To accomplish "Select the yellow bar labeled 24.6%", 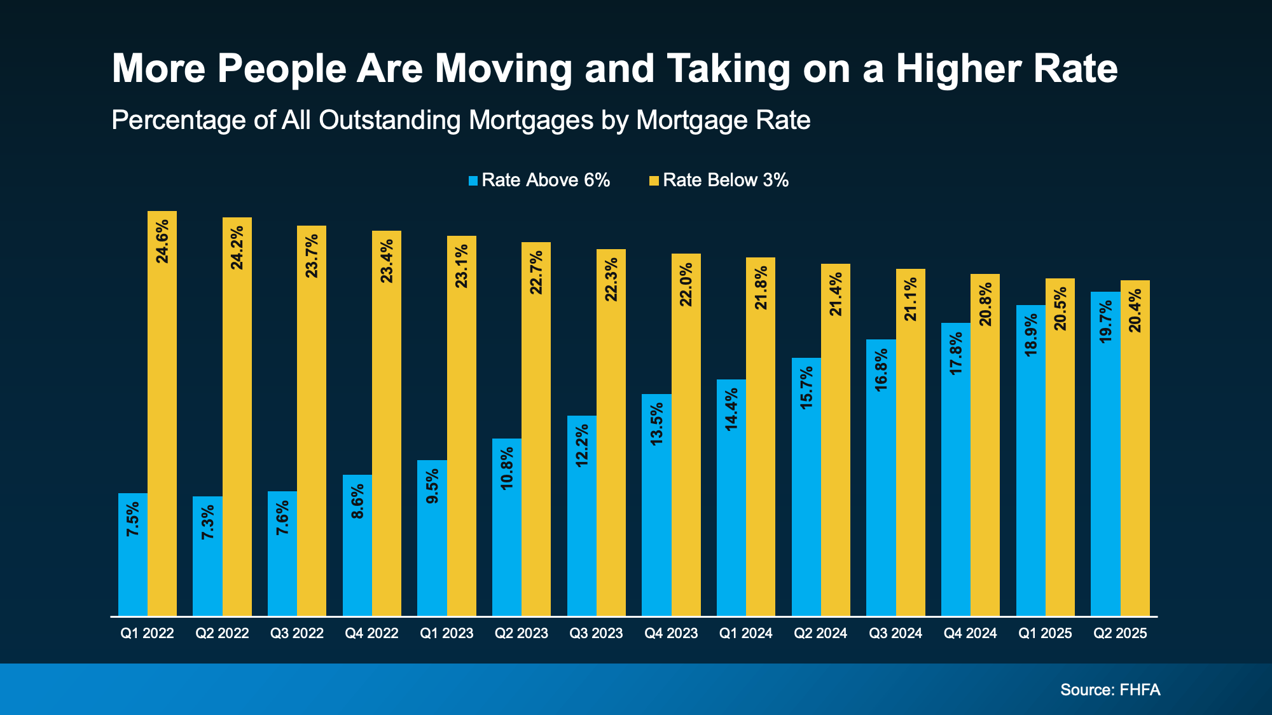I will [x=162, y=413].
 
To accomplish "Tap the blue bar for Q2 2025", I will [x=1105, y=454].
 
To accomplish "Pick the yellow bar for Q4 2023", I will [x=686, y=435].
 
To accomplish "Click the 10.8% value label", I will [x=507, y=469].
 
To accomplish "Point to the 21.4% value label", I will [x=836, y=294].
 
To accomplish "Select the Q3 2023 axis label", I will [x=596, y=634].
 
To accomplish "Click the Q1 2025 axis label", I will [x=1045, y=634].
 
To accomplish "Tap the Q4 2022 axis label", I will [x=371, y=634].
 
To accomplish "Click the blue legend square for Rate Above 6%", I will [x=473, y=181].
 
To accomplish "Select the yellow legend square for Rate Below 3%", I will [x=654, y=181].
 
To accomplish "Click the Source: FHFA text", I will [x=1110, y=690].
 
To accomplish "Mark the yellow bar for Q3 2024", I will [x=911, y=442].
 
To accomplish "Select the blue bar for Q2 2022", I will [x=207, y=556].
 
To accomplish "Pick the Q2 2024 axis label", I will [x=820, y=634].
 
